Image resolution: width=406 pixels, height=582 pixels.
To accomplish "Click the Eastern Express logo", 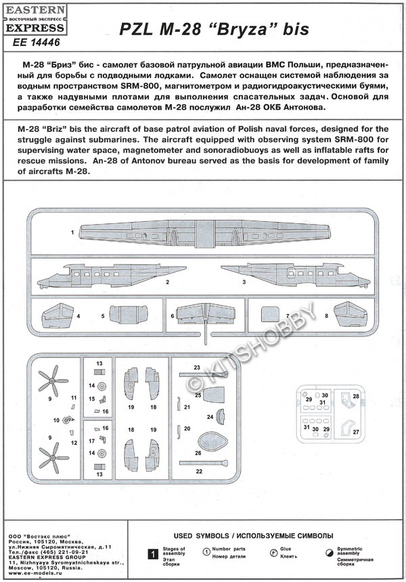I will [x=37, y=22].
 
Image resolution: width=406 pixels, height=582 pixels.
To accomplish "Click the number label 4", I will [x=78, y=316].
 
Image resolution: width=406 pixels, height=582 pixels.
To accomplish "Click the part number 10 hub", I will [x=68, y=420].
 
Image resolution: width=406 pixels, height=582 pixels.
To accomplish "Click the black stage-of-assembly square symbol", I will [x=154, y=554].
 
